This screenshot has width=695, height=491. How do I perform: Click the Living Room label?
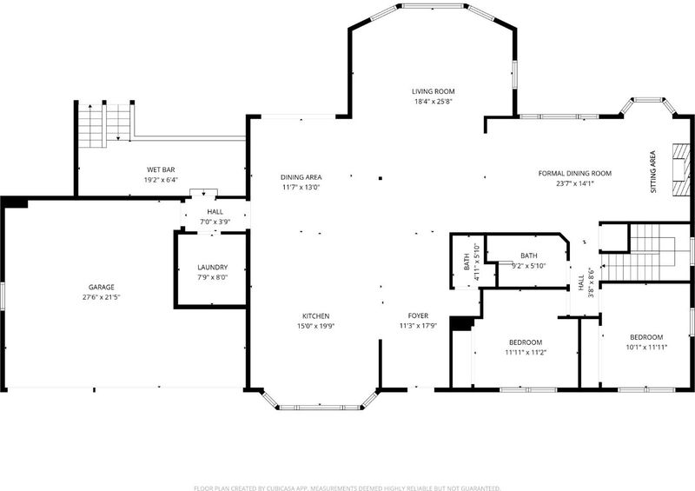pyautogui.click(x=433, y=91)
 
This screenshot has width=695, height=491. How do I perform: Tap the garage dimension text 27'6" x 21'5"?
pyautogui.click(x=102, y=297)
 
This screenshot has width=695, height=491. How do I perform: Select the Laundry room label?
pyautogui.click(x=212, y=268)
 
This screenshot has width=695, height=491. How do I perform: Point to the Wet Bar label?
pyautogui.click(x=161, y=169)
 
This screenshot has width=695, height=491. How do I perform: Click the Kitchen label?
pyautogui.click(x=315, y=316)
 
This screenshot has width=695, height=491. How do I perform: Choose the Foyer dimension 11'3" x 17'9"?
pyautogui.click(x=418, y=326)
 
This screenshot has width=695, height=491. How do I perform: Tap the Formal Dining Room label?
pyautogui.click(x=575, y=174)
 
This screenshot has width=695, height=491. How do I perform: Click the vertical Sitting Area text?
pyautogui.click(x=653, y=172)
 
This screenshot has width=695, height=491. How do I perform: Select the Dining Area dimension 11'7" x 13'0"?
pyautogui.click(x=301, y=187)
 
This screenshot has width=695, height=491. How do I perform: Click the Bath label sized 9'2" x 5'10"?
pyautogui.click(x=529, y=255)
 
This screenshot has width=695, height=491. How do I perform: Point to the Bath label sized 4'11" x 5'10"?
pyautogui.click(x=467, y=262)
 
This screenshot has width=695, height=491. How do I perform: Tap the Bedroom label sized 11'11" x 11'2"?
pyautogui.click(x=526, y=342)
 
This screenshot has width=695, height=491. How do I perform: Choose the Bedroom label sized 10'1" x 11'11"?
pyautogui.click(x=646, y=337)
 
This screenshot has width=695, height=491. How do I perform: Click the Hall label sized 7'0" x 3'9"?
pyautogui.click(x=215, y=212)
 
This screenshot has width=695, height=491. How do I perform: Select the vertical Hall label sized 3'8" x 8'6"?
pyautogui.click(x=581, y=283)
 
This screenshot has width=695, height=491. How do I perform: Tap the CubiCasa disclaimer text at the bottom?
pyautogui.click(x=347, y=488)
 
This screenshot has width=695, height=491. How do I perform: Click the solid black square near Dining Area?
pyautogui.click(x=381, y=178)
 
